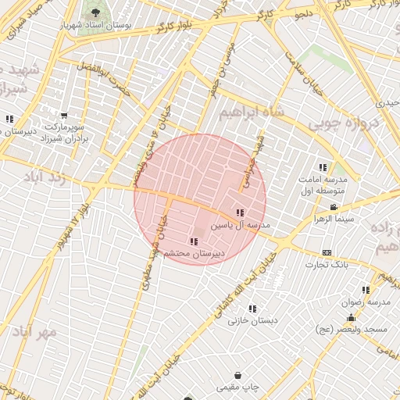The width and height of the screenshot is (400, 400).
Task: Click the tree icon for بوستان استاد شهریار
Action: (x=95, y=13)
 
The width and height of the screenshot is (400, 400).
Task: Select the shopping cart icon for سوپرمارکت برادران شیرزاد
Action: (x=63, y=116)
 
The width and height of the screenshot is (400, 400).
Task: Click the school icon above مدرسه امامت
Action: (x=323, y=167)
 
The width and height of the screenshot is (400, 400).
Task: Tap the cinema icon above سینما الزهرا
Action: (x=334, y=207)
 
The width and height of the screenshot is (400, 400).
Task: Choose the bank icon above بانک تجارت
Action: (x=327, y=252)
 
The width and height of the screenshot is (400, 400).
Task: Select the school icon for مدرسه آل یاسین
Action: (x=240, y=212)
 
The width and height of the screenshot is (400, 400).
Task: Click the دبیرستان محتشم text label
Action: (x=194, y=254)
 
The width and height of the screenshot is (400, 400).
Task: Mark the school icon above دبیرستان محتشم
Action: (x=193, y=241)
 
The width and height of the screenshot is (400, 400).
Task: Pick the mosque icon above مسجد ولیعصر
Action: (x=351, y=318)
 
